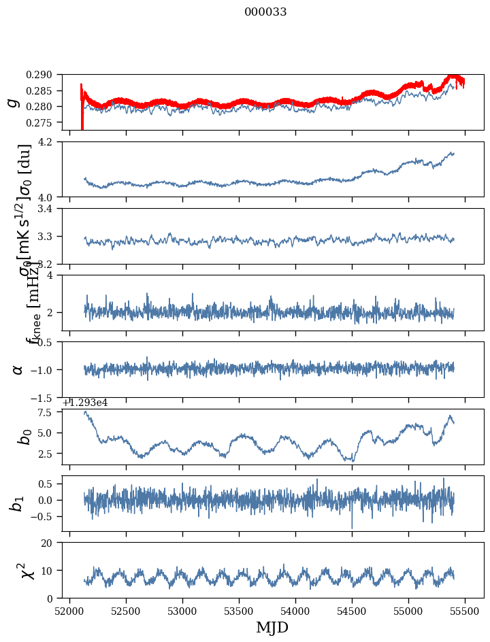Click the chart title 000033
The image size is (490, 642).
point(265,12)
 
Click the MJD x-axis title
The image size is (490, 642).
point(272,628)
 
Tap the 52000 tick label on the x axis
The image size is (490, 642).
point(69,611)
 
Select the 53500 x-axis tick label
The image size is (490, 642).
point(239,611)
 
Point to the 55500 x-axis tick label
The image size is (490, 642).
point(465,611)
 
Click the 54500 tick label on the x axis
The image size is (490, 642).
point(352,611)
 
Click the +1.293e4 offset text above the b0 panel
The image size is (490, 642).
point(85,403)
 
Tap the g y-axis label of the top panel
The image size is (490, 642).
point(12,103)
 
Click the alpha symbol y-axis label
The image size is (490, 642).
point(18,369)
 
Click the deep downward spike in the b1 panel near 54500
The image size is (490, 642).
point(352,526)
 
